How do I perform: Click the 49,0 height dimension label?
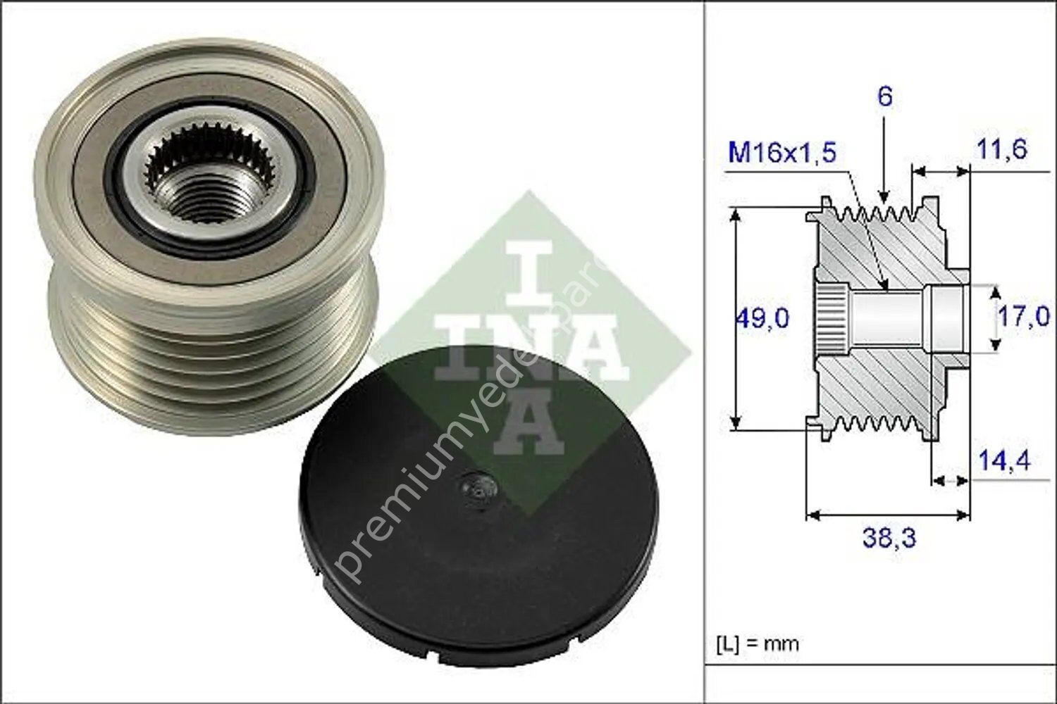coord(762,319)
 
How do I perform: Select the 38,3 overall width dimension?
coord(889,539)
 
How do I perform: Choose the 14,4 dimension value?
coord(1004,461)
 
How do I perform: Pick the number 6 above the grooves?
coord(885,96)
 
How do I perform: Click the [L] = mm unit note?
coord(758,643)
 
